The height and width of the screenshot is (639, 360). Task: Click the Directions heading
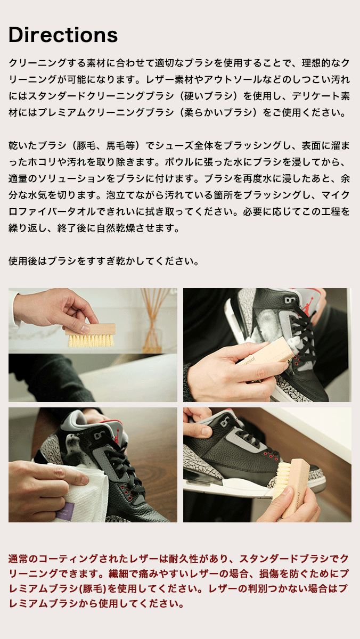63,35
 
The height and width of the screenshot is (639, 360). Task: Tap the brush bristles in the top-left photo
91,341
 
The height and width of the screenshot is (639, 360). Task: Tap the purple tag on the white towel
65,510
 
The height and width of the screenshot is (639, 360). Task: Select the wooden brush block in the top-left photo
91,329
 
